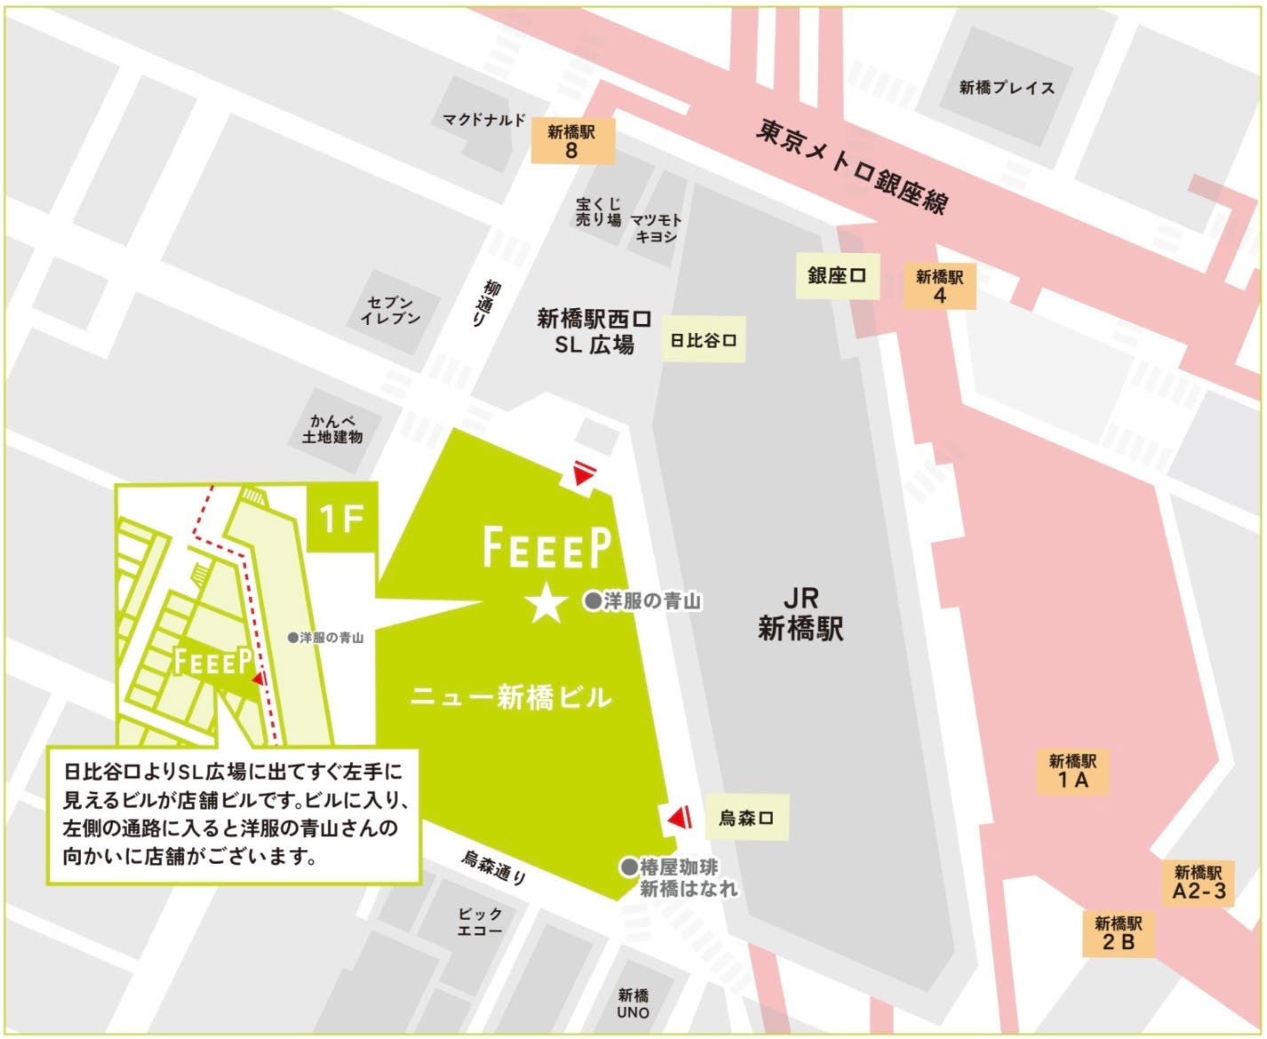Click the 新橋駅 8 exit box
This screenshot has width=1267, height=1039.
(571, 142)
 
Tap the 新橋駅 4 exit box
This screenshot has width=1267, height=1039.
(939, 285)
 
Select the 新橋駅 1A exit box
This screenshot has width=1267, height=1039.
(1072, 771)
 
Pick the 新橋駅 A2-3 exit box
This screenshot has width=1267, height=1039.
(1199, 882)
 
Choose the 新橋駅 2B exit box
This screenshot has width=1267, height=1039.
(1118, 932)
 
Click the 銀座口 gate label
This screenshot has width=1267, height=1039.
(836, 275)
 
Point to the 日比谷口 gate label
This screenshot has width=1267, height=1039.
(704, 340)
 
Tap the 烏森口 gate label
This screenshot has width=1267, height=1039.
(746, 817)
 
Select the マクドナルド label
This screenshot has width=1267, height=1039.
(484, 120)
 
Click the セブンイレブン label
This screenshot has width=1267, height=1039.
(390, 310)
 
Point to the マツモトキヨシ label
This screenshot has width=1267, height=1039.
(657, 228)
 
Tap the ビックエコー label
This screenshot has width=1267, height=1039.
(480, 922)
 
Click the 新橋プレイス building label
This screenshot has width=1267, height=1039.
(1007, 88)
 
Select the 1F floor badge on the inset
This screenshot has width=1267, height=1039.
(342, 518)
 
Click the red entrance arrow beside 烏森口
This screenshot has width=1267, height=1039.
(680, 817)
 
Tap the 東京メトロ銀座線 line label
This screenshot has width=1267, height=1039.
(852, 167)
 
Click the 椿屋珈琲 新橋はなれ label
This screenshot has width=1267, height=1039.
(680, 877)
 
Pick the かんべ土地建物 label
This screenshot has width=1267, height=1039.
(332, 429)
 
